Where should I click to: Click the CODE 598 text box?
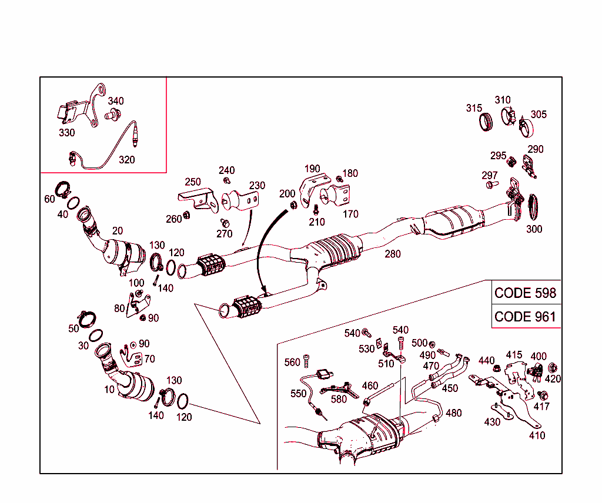tap(525, 293)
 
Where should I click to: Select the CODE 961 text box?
tap(525, 316)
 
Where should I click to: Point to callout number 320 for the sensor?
tap(126, 159)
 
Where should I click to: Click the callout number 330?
tap(67, 133)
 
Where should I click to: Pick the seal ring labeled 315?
tap(486, 122)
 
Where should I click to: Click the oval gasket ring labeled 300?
tap(534, 206)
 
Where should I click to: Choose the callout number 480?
tap(454, 413)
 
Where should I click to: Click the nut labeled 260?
tap(187, 214)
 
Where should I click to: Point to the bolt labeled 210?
tap(316, 208)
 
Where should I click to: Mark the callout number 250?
tap(193, 182)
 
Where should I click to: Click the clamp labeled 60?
tap(63, 190)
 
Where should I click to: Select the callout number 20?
tap(118, 231)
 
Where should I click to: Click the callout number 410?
tap(537, 435)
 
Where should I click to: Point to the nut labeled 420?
tap(553, 368)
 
